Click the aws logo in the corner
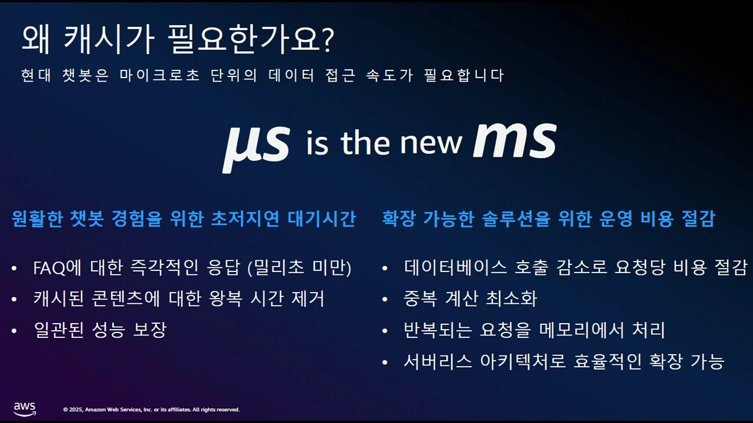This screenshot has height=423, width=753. click(x=25, y=409)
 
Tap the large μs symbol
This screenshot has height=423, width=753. click(x=256, y=148)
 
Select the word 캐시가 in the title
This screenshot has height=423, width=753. click(x=109, y=39)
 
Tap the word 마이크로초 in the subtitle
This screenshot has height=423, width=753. click(x=159, y=75)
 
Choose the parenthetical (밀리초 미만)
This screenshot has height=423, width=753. click(x=299, y=268)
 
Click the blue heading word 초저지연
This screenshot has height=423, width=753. click(x=245, y=219)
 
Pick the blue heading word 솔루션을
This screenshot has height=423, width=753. click(x=516, y=219)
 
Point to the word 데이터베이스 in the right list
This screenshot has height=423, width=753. click(x=455, y=267)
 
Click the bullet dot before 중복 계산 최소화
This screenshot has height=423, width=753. click(x=385, y=299)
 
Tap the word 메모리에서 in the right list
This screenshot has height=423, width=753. click(x=581, y=330)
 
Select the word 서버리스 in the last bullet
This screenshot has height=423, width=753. click(x=438, y=361)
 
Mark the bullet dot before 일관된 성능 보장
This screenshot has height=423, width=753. click(x=14, y=331)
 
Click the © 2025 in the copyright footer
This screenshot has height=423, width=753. click(x=73, y=409)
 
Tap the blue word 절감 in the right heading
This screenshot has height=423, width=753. click(x=698, y=219)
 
